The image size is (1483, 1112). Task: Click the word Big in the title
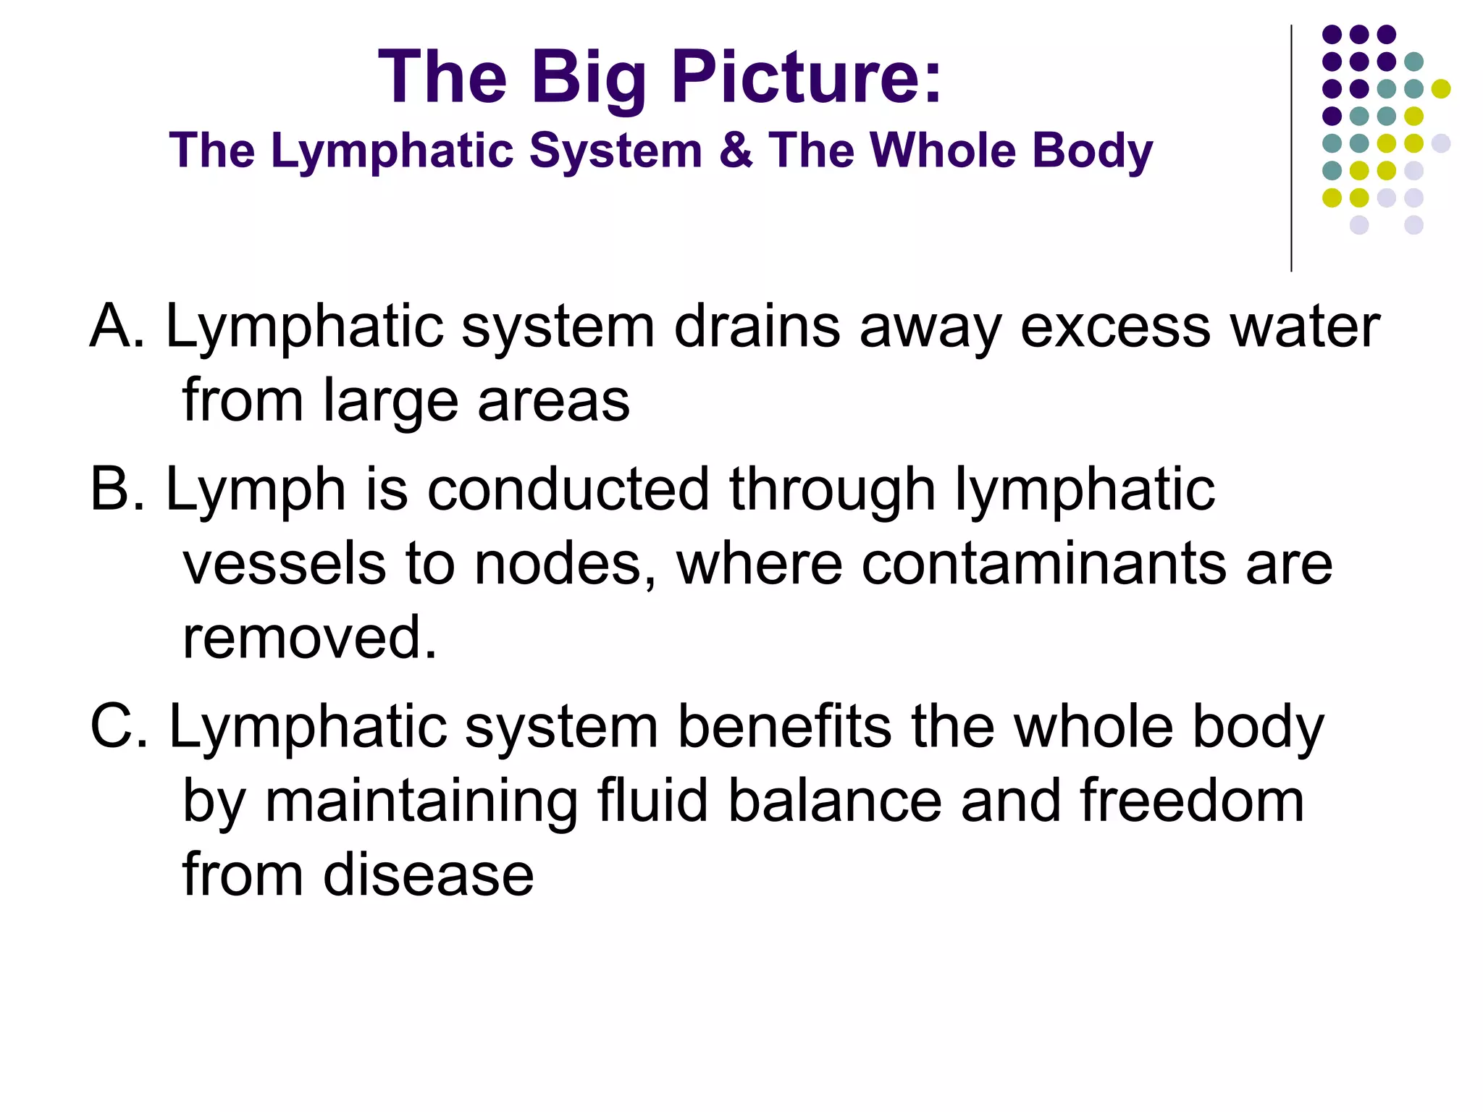pyautogui.click(x=588, y=78)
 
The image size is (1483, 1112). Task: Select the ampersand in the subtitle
pyautogui.click(x=735, y=150)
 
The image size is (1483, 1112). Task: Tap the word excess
pyautogui.click(x=1115, y=327)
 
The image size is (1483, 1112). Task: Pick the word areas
pyautogui.click(x=553, y=401)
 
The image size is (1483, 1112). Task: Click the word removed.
pyautogui.click(x=309, y=638)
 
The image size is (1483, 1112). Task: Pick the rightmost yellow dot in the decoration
pyautogui.click(x=1441, y=88)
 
